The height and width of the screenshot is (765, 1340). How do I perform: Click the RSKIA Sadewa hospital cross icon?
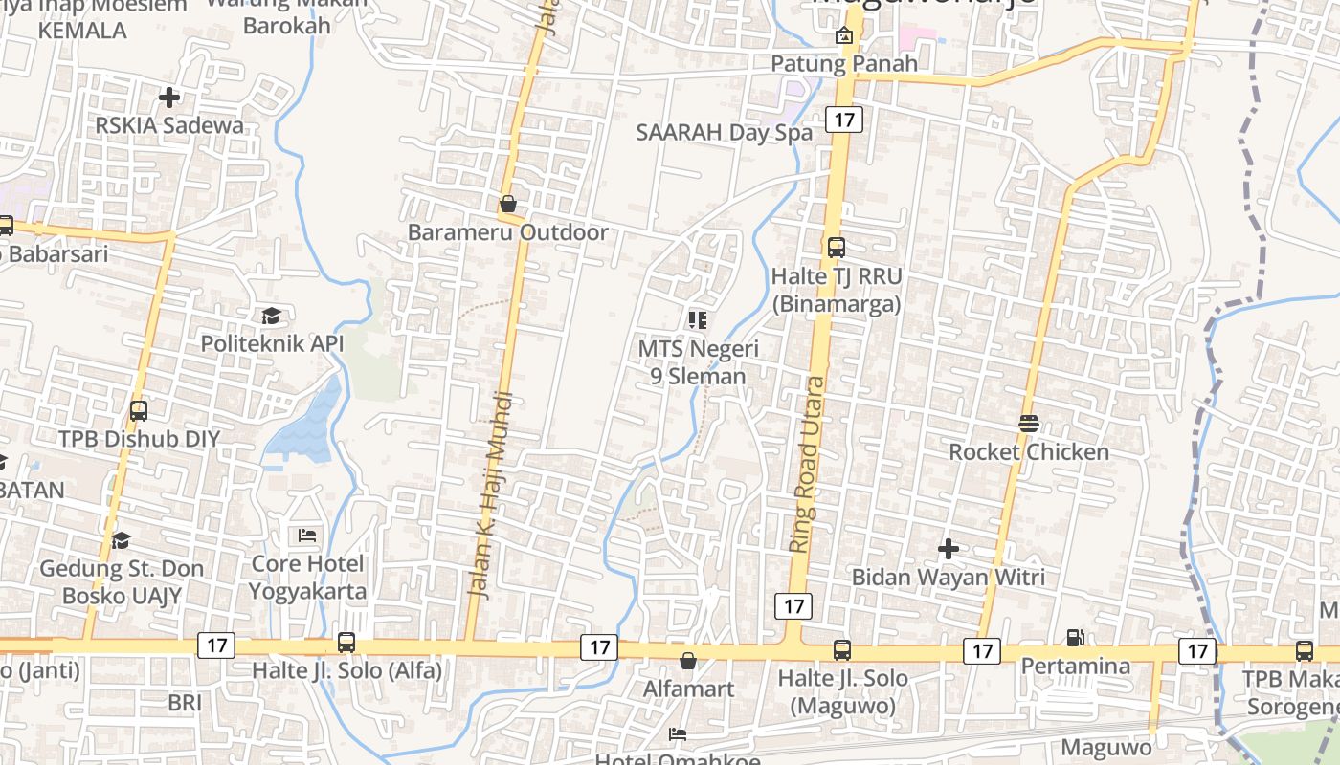point(169,98)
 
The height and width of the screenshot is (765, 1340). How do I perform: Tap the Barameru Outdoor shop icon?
point(508,204)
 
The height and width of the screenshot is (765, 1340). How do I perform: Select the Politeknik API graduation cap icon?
point(272,316)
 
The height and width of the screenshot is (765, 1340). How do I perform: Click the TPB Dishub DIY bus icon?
point(139,411)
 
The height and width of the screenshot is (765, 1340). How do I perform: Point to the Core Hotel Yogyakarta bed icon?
point(307,535)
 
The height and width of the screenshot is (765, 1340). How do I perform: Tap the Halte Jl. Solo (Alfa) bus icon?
point(346,643)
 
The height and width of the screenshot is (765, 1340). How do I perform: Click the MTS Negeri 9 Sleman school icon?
point(698,319)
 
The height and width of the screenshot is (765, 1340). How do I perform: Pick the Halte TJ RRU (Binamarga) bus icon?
point(837,248)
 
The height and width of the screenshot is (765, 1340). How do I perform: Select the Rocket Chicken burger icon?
point(1029,424)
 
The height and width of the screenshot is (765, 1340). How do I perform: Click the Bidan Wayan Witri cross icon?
point(949,549)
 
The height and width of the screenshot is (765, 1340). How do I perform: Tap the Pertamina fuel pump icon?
point(1076,637)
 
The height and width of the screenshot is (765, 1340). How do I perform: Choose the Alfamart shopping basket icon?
point(688,661)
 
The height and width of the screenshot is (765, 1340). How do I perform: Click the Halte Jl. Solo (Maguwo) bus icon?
point(842,650)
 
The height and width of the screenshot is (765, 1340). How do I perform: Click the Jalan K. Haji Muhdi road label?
point(490,494)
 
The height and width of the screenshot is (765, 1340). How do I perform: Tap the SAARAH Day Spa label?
point(725,133)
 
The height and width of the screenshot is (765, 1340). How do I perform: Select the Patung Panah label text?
point(844,64)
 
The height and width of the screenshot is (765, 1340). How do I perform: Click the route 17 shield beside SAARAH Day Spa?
point(842,120)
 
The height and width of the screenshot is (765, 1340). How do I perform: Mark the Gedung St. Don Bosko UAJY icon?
point(121,541)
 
